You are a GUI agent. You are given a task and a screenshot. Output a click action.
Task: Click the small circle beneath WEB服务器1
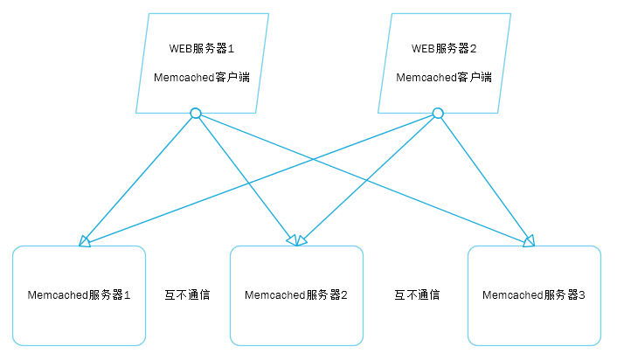click(196, 113)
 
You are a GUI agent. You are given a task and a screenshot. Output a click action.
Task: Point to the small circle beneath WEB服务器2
click(438, 113)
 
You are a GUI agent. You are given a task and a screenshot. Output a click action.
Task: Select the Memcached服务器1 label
click(79, 295)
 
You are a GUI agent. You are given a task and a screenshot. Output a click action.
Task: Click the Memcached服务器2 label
click(296, 295)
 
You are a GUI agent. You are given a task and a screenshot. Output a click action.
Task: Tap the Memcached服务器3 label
click(534, 295)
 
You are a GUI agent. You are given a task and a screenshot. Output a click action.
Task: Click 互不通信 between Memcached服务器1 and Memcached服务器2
click(187, 295)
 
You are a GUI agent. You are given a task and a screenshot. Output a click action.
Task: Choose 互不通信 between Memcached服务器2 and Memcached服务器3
click(416, 295)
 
